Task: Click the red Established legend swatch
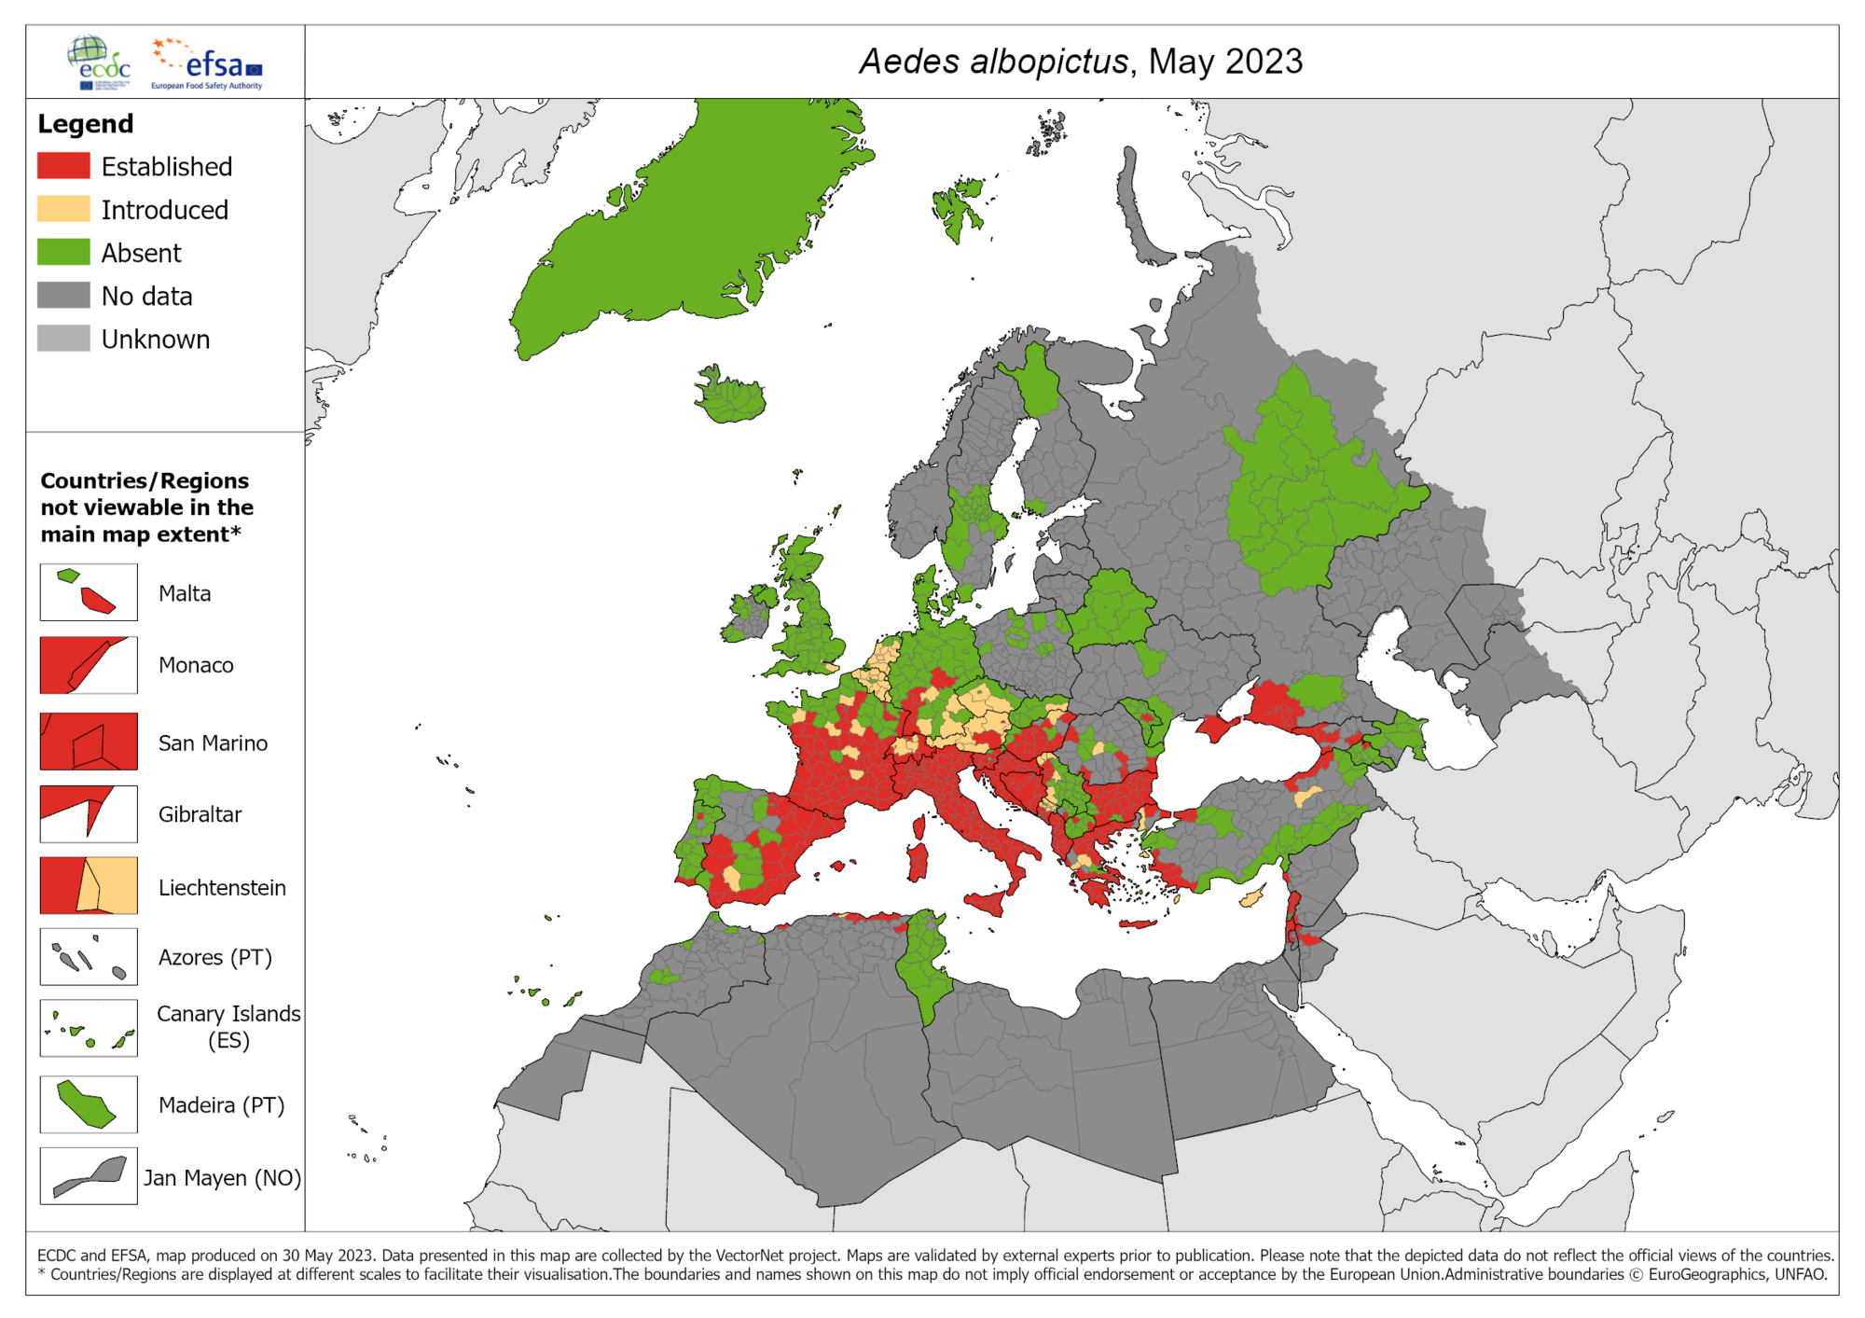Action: pyautogui.click(x=63, y=166)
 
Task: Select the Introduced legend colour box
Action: pyautogui.click(x=63, y=209)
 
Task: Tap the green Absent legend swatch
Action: pyautogui.click(x=63, y=252)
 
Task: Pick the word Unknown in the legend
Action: pyautogui.click(x=155, y=340)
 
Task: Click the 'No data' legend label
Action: pyautogui.click(x=146, y=297)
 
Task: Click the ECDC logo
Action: pyautogui.click(x=100, y=62)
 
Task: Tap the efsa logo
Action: pyautogui.click(x=208, y=63)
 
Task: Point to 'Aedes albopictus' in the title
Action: pyautogui.click(x=993, y=62)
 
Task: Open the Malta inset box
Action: pyautogui.click(x=89, y=592)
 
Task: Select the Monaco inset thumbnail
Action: pyautogui.click(x=89, y=665)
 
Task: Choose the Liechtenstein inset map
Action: pyautogui.click(x=89, y=886)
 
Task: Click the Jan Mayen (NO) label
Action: pyautogui.click(x=222, y=1178)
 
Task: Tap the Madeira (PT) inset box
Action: pyautogui.click(x=89, y=1104)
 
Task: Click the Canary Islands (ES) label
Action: pyautogui.click(x=228, y=1026)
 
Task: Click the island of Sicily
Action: pyautogui.click(x=988, y=901)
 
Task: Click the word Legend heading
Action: pyautogui.click(x=86, y=124)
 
